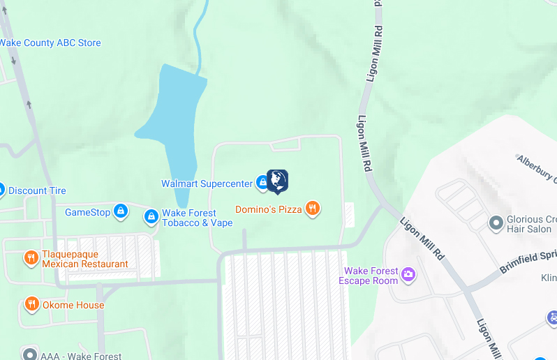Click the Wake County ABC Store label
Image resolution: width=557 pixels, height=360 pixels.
pos(50,43)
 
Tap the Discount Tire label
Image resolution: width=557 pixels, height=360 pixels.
pos(37,191)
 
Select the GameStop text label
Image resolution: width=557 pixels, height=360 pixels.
pos(87,212)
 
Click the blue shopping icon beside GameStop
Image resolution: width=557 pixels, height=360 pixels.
pos(121,211)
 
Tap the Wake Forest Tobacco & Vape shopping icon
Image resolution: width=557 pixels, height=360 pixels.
pos(151,217)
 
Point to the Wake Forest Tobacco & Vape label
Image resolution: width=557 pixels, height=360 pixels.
pos(197,218)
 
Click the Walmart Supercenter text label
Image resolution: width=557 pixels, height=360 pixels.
pos(207,184)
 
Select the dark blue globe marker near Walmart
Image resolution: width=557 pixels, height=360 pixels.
pos(278,181)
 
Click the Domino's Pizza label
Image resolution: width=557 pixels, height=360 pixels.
pos(268,209)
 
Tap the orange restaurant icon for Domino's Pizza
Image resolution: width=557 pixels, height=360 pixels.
pos(313,208)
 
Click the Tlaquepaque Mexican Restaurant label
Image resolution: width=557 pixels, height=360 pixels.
pos(84,260)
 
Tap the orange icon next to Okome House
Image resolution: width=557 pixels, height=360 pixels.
pos(31,304)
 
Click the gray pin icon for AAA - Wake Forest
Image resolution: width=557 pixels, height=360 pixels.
pos(29,354)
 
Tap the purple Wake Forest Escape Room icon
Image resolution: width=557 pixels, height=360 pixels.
pos(408,274)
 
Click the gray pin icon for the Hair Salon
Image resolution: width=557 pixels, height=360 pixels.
pos(496,223)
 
